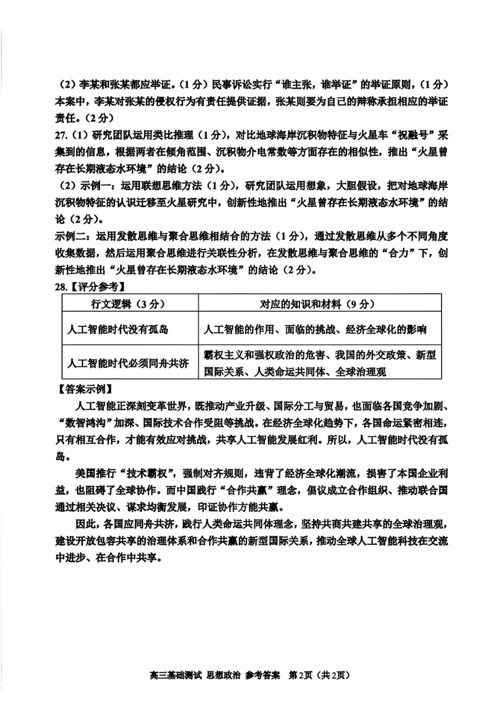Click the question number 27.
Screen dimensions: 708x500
(62, 135)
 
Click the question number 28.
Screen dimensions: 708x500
(62, 287)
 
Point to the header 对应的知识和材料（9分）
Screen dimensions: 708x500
(317, 304)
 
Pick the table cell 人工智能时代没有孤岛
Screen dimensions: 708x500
(118, 330)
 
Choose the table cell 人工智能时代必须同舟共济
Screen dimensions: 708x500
(128, 363)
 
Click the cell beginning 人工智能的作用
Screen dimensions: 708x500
(315, 330)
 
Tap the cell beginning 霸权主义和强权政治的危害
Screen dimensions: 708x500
(320, 363)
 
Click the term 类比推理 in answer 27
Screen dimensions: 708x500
(174, 135)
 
